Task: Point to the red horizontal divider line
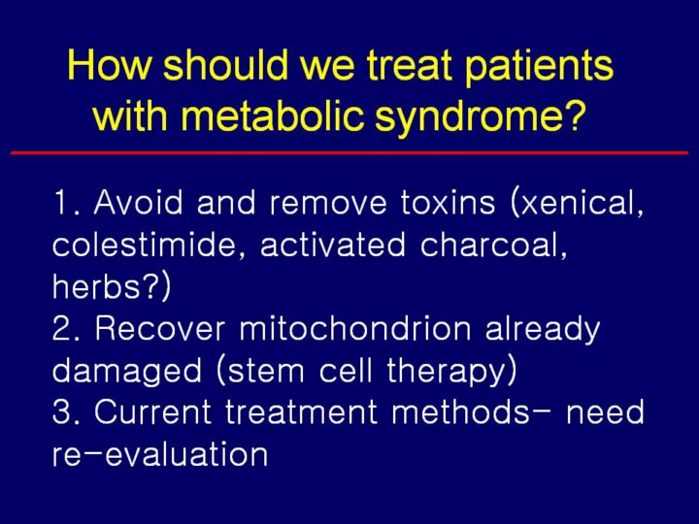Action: pyautogui.click(x=349, y=153)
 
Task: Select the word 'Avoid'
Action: pyautogui.click(x=138, y=203)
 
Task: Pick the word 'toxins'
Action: pyautogui.click(x=448, y=203)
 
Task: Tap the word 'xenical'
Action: pyautogui.click(x=582, y=203)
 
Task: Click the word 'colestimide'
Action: pyautogui.click(x=143, y=245)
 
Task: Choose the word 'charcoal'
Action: pyautogui.click(x=489, y=245)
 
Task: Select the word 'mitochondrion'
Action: pyautogui.click(x=355, y=328)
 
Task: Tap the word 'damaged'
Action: pyautogui.click(x=127, y=371)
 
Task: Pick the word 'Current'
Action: pyautogui.click(x=152, y=412)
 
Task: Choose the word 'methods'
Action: pyautogui.click(x=460, y=410)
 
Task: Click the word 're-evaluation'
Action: pyautogui.click(x=160, y=454)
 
